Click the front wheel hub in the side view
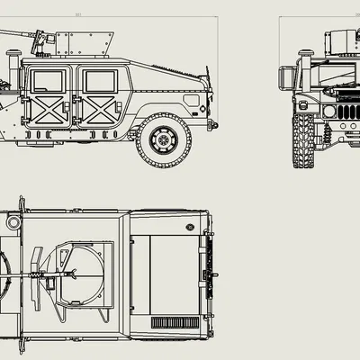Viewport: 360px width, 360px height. point(163,139)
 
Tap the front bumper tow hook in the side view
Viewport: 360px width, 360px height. point(213,123)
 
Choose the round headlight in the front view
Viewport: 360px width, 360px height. point(329,111)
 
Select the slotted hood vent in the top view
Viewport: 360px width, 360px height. point(171,321)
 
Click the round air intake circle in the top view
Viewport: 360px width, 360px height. point(14,220)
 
